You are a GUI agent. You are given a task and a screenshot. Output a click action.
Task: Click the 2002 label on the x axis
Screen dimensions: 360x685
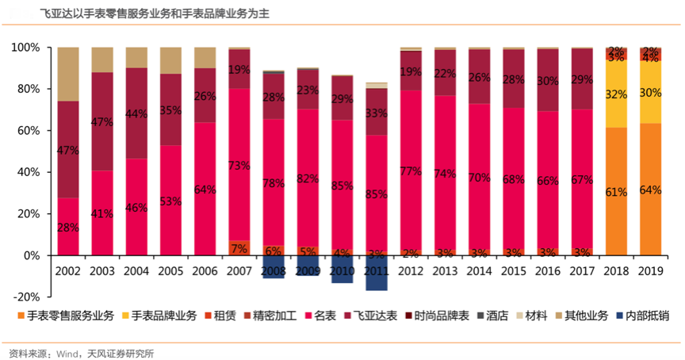coord(68,270)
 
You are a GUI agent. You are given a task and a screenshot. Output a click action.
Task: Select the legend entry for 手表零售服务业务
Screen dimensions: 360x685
coord(67,316)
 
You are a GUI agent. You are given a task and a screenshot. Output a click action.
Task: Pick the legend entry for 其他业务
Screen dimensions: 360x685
coord(586,316)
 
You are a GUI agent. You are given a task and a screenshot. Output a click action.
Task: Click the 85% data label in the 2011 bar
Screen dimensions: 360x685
coord(377,193)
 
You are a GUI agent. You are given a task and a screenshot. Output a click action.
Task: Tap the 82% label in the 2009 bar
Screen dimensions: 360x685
coord(308,178)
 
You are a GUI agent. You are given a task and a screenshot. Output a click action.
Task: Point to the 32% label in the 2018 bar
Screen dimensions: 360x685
coord(616,94)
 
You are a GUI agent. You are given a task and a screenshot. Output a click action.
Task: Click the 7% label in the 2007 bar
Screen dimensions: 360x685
coord(239,248)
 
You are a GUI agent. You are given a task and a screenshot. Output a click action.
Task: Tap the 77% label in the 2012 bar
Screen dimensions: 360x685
coord(411,171)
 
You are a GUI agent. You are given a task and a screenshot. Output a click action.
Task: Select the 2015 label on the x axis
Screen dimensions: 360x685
coord(514,270)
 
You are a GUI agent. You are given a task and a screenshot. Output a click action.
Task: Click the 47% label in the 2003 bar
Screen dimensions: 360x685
coord(102,123)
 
